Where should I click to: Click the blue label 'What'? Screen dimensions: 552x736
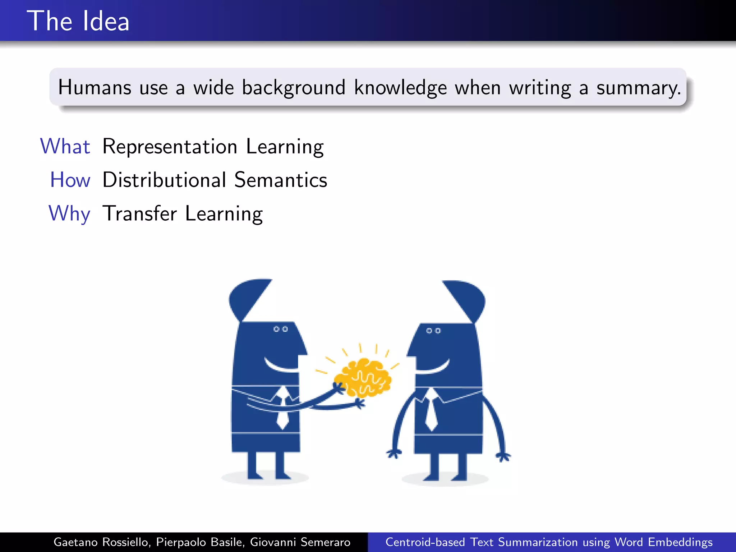tap(65, 146)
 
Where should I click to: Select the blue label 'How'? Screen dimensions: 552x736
tap(70, 180)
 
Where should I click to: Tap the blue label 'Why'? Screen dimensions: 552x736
tap(69, 213)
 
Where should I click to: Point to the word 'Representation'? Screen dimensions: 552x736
tap(170, 147)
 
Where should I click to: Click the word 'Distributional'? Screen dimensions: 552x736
tap(164, 180)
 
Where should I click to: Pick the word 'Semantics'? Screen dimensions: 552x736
tap(281, 180)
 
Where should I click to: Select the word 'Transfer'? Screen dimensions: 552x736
tap(140, 213)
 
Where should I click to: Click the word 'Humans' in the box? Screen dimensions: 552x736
tap(95, 87)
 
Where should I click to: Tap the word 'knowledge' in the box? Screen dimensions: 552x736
tap(400, 87)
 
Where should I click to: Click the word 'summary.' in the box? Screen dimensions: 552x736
tap(639, 88)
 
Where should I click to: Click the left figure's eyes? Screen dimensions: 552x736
tap(280, 329)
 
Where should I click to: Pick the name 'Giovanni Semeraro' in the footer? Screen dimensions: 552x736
tap(300, 542)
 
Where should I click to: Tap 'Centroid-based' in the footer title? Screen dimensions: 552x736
tap(425, 542)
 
